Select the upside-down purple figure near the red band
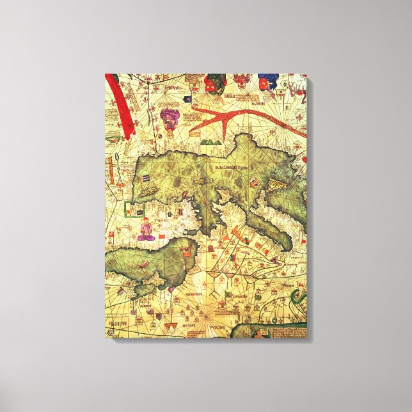pos(170,118)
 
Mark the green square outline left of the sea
pos(134,209)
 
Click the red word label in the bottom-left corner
pos(118,324)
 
